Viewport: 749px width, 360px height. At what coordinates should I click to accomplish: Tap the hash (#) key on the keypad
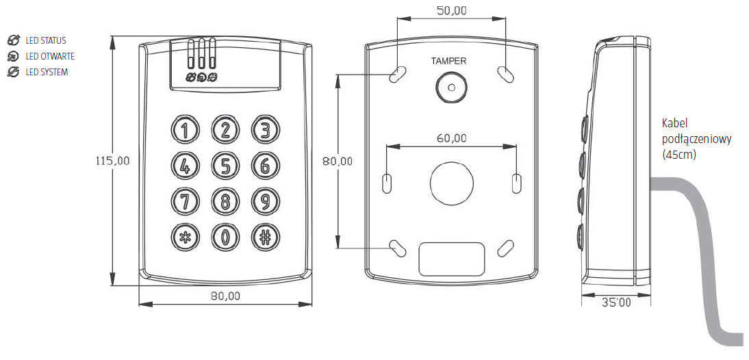(x=266, y=237)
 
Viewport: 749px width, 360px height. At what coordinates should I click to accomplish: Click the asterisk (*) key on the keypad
(x=185, y=237)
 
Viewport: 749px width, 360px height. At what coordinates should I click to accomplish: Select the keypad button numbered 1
(x=185, y=129)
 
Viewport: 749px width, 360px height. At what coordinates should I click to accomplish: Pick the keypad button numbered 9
(x=266, y=201)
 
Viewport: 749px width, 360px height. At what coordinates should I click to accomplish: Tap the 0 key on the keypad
(x=225, y=237)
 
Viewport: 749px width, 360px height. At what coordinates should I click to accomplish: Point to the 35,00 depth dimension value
(x=616, y=302)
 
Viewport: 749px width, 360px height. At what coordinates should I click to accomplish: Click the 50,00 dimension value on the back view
(x=451, y=10)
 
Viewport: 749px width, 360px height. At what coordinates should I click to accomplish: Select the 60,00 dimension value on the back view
(x=451, y=138)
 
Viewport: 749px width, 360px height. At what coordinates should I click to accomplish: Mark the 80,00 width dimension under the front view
(x=225, y=296)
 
